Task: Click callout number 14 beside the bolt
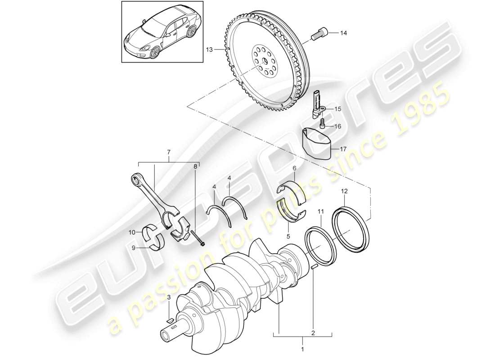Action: [344, 33]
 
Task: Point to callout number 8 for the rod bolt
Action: [195, 167]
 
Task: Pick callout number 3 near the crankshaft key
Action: [169, 298]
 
